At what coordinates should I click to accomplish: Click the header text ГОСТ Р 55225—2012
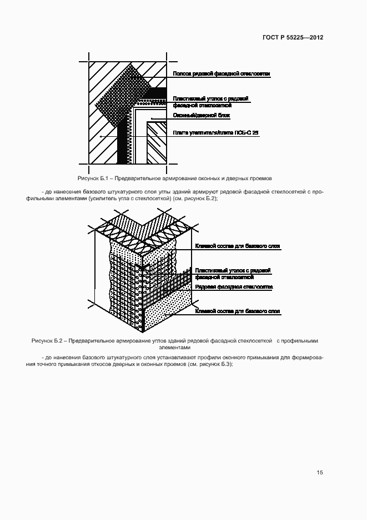(293, 38)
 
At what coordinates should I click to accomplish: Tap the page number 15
(319, 473)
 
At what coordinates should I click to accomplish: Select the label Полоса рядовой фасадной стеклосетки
(221, 73)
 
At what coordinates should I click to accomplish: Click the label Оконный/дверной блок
(202, 116)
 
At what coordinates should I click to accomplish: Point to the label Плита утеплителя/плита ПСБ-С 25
(216, 133)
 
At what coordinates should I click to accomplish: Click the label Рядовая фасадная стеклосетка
(234, 287)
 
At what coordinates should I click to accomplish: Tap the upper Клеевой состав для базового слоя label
(237, 246)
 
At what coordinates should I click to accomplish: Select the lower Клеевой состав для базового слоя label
(237, 311)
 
